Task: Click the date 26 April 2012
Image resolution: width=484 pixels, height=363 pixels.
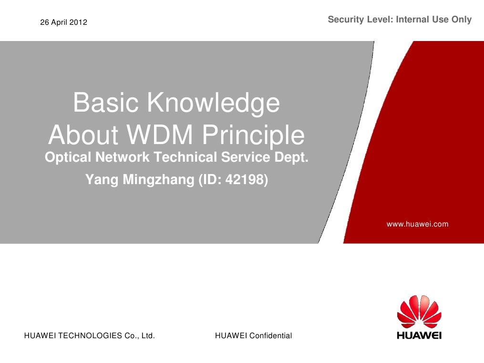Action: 63,22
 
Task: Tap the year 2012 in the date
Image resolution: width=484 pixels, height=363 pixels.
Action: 79,22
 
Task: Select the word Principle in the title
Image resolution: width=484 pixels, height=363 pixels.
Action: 253,135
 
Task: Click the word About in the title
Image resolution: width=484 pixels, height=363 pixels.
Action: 83,135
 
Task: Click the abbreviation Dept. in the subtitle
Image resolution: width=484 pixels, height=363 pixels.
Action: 294,157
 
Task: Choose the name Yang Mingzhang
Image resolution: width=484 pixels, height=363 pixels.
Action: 140,180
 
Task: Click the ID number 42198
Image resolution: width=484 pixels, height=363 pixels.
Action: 247,180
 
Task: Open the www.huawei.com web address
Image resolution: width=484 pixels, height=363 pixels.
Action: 417,224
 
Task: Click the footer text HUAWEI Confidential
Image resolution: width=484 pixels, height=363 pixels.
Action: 253,336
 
